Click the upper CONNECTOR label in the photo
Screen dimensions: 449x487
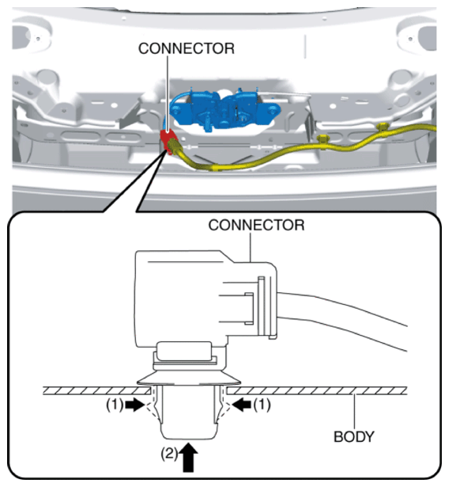pos(187,48)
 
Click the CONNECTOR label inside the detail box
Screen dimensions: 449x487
pos(256,225)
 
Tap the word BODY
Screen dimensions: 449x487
pos(354,436)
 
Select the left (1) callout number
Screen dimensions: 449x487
pos(115,405)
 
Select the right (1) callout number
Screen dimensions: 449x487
pos(262,405)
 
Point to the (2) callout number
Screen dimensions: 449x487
pos(169,454)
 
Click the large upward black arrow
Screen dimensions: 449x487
pos(188,458)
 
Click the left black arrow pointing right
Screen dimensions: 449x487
pos(134,405)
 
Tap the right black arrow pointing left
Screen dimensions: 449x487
pos(242,405)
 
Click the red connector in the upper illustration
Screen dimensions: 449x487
pos(168,141)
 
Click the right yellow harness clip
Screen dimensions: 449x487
pos(383,127)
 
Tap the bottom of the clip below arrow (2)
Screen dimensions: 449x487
pos(188,439)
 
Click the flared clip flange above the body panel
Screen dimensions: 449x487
pos(188,378)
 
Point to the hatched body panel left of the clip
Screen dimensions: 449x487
pos(96,390)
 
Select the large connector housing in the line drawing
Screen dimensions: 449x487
pos(206,299)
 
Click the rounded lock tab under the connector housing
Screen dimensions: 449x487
pos(184,351)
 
